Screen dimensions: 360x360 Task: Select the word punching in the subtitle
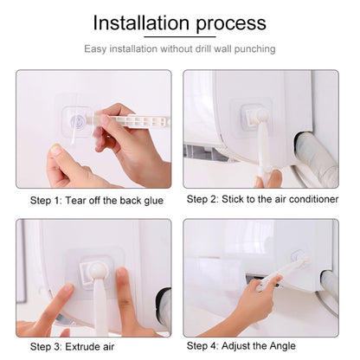pyautogui.click(x=254, y=48)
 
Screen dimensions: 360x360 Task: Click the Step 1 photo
pyautogui.click(x=93, y=129)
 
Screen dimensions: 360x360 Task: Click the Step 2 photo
pyautogui.click(x=260, y=129)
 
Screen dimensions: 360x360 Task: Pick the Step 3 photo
pyautogui.click(x=93, y=278)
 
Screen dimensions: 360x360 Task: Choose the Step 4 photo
pyautogui.click(x=260, y=278)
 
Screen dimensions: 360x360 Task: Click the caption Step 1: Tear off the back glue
pyautogui.click(x=96, y=201)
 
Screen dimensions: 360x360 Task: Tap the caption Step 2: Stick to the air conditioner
pyautogui.click(x=262, y=199)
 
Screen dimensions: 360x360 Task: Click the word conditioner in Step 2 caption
pyautogui.click(x=311, y=199)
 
